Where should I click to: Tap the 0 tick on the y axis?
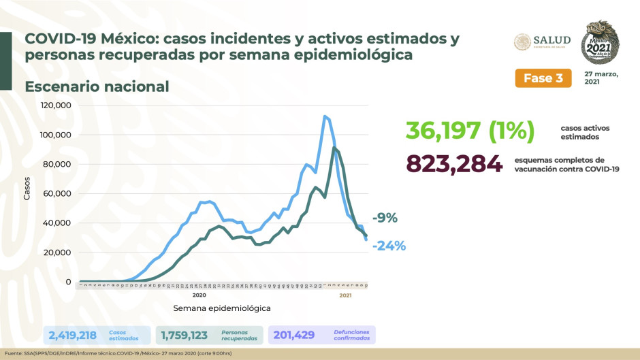[x=68, y=282]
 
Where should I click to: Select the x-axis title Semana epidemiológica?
[x=221, y=308]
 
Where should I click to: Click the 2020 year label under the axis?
[x=199, y=295]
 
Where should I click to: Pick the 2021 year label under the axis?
[x=345, y=295]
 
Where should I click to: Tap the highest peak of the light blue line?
[x=325, y=116]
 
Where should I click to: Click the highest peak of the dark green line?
[x=334, y=148]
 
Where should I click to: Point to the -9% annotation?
[x=385, y=218]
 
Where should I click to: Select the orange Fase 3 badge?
[x=543, y=78]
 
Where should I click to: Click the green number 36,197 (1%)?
[x=470, y=130]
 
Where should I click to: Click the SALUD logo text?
[x=551, y=40]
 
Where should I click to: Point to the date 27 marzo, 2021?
[x=601, y=78]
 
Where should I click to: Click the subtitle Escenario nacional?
[x=97, y=87]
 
